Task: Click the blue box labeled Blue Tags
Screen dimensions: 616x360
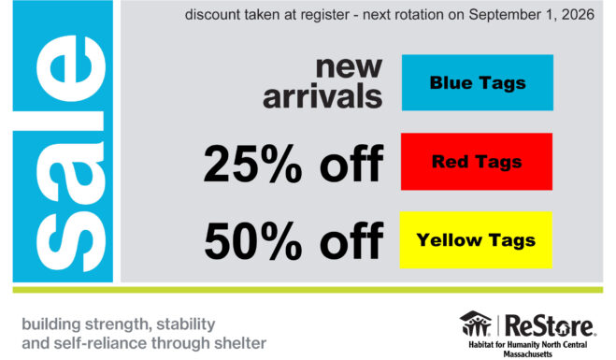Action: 478,82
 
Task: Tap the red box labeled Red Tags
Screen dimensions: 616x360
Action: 477,162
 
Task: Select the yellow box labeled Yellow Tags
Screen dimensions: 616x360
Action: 476,240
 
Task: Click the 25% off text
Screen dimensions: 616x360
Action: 294,164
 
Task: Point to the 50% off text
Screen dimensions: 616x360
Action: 294,241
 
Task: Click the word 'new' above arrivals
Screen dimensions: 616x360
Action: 349,67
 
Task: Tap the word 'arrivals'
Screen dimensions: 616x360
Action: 322,96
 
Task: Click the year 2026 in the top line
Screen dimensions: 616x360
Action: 578,15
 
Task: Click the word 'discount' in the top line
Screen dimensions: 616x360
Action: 212,15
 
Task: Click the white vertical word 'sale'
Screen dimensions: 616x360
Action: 71,152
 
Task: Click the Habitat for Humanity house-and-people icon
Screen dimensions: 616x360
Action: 476,324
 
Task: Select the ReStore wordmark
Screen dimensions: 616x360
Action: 550,325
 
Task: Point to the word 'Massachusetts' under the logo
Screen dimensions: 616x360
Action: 527,354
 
